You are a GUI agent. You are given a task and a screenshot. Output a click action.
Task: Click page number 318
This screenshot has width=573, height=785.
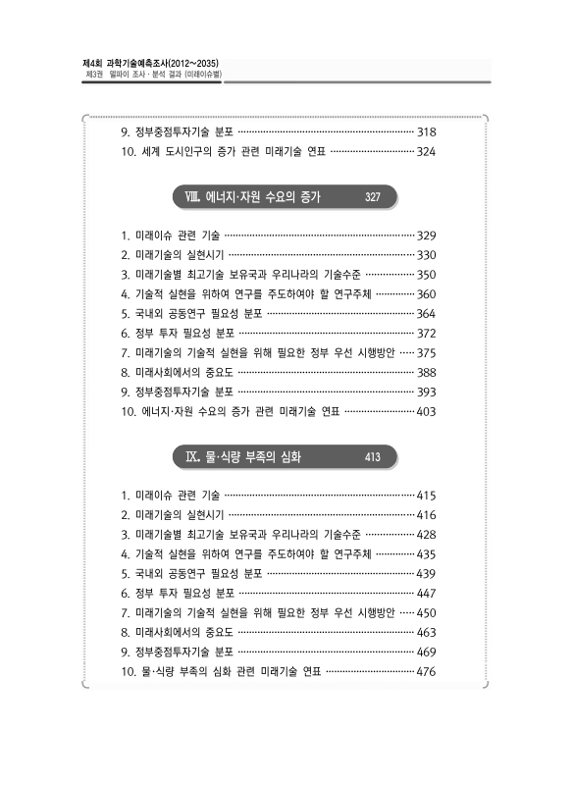click(427, 131)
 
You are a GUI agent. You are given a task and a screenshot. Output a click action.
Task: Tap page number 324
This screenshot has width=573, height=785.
click(427, 152)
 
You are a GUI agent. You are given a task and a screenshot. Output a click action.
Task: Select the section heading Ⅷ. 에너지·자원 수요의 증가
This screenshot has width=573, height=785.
click(262, 197)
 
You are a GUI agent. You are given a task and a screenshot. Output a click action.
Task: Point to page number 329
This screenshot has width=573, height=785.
click(427, 235)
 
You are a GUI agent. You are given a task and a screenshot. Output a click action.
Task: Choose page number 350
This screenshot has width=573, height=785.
click(427, 274)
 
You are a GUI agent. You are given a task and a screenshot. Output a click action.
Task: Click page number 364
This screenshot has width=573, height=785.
click(427, 313)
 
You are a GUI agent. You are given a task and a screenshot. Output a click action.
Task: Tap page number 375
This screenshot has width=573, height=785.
click(427, 352)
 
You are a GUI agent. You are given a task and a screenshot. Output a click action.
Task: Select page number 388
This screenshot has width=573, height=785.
click(427, 372)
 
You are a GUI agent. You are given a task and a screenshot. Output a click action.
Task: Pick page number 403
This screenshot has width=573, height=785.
click(427, 411)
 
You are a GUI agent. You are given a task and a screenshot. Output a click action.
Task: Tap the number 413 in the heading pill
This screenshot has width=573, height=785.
click(372, 457)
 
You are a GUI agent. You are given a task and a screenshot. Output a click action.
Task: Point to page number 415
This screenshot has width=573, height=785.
click(427, 495)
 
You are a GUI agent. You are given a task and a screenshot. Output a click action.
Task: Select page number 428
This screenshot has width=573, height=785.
click(427, 534)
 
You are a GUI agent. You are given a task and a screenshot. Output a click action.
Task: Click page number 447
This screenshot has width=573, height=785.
click(427, 593)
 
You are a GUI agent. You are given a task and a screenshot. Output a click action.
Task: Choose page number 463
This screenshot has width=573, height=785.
click(427, 632)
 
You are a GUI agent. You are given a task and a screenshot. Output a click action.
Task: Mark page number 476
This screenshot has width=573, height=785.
click(427, 671)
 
